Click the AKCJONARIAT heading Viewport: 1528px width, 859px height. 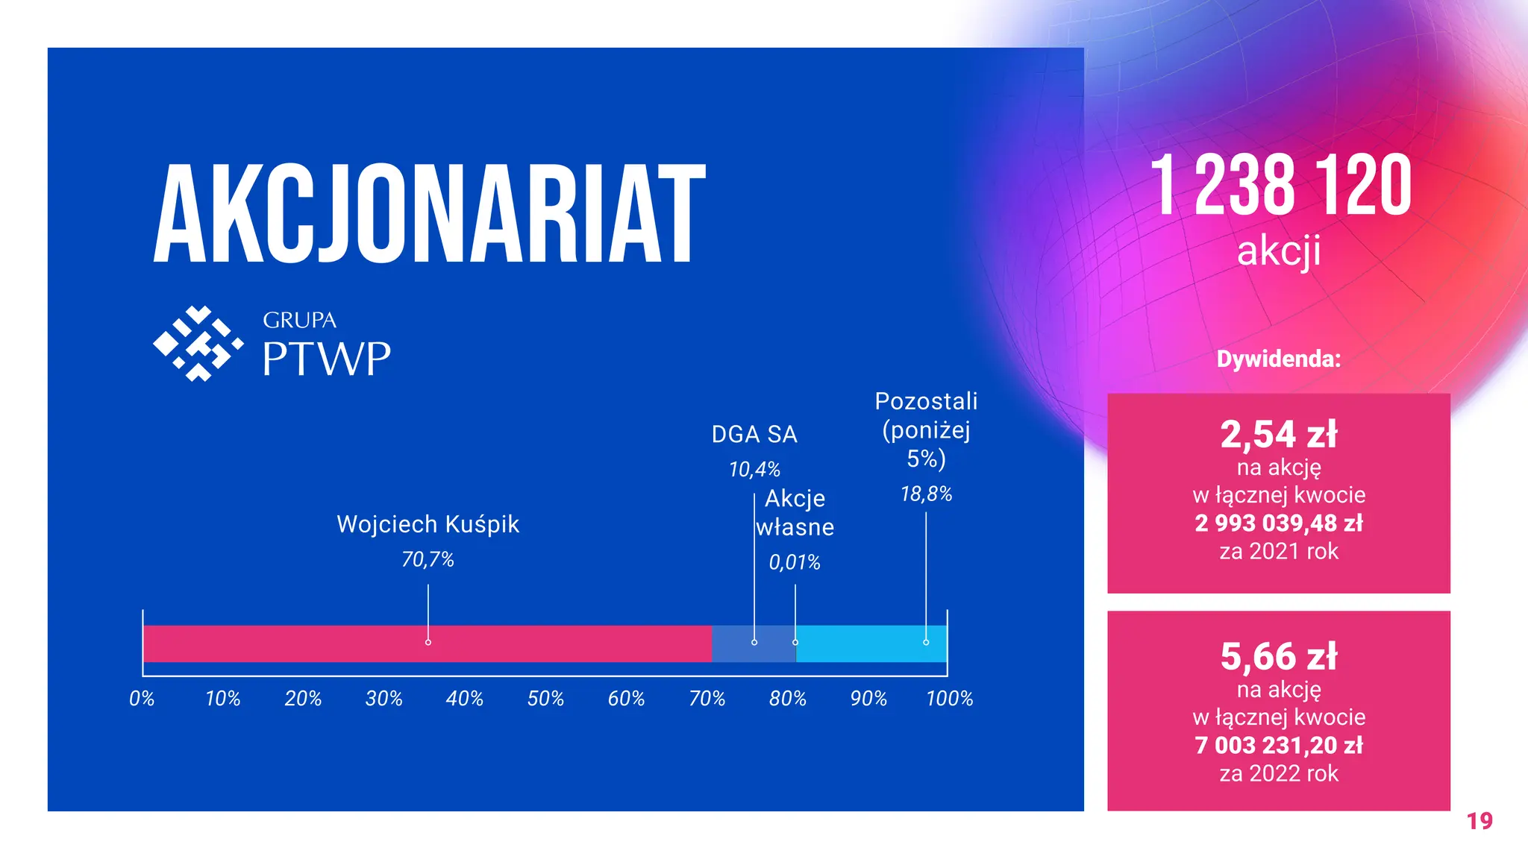tap(429, 215)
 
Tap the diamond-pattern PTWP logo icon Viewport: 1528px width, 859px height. tap(198, 344)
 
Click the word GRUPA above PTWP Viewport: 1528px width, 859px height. tap(299, 321)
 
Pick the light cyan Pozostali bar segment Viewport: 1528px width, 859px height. tap(873, 644)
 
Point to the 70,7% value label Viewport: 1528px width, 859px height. tap(428, 559)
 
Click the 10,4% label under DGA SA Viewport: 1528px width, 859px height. tap(754, 469)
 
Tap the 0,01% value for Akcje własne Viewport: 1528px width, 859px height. tap(795, 562)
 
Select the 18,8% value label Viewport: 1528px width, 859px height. tap(926, 494)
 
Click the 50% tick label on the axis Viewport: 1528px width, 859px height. tap(545, 699)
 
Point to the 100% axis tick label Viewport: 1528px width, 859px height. tap(949, 699)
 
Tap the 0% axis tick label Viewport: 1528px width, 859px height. tap(142, 699)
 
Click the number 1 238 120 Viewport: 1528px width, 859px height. tap(1280, 185)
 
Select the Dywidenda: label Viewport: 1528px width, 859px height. tap(1279, 359)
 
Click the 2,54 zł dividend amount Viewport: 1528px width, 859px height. tap(1279, 434)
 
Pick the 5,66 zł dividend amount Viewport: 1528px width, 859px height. tap(1279, 656)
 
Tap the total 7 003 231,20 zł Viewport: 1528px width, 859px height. tap(1279, 745)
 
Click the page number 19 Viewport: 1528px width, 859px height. tap(1479, 821)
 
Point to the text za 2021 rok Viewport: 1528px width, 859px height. tap(1279, 551)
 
